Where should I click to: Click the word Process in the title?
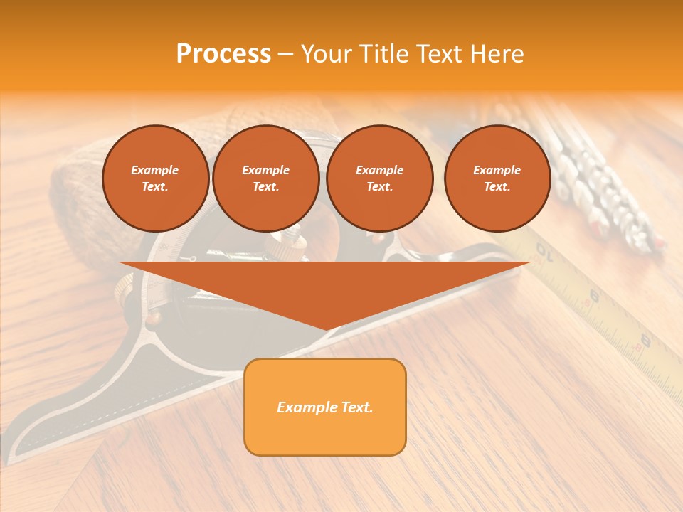[223, 54]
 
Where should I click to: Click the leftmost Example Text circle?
[155, 178]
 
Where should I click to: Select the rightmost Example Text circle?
[497, 178]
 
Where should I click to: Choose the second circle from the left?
[265, 178]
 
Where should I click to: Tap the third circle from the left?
[379, 178]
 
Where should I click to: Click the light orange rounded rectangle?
[325, 407]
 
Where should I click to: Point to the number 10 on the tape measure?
[544, 250]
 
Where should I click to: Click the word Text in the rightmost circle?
[497, 187]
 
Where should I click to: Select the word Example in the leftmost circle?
[155, 170]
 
